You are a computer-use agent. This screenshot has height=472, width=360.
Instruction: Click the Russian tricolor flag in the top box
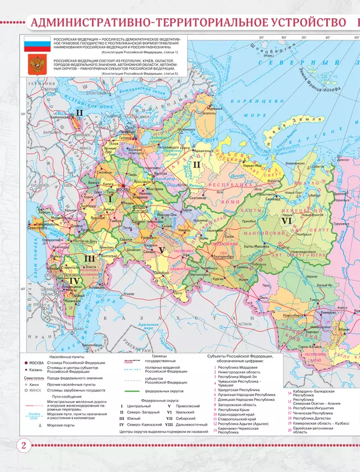coord(37,44)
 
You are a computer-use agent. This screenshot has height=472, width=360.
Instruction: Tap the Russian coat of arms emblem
coord(37,65)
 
